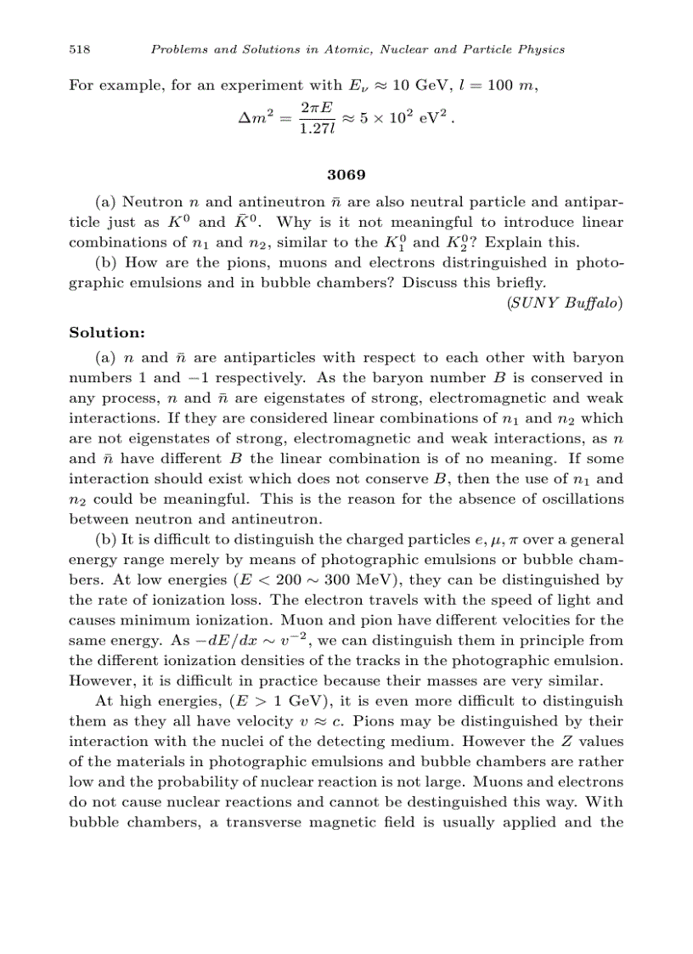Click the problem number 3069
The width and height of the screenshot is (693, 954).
pyautogui.click(x=346, y=176)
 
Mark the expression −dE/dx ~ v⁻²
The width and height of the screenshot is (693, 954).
pyautogui.click(x=251, y=641)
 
